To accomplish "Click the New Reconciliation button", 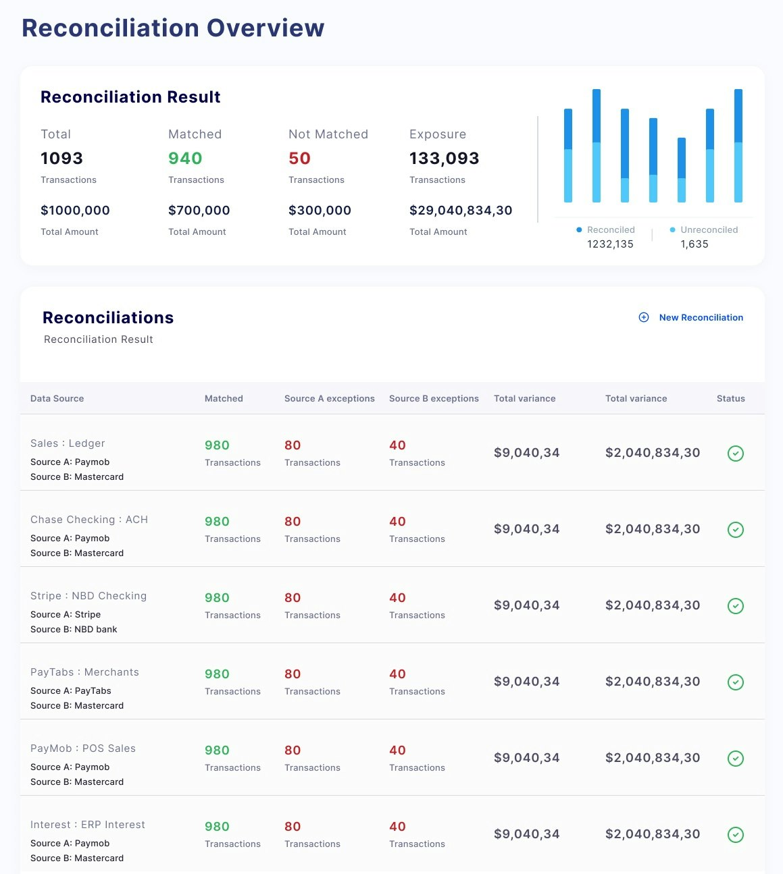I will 692,317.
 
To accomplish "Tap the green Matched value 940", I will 185,159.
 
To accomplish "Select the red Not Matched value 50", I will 299,159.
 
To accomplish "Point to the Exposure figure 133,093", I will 444,159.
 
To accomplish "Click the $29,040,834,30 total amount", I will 460,211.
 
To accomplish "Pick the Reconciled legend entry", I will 606,230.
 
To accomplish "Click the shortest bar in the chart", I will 682,170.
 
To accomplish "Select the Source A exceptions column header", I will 329,399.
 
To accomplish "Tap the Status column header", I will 730,399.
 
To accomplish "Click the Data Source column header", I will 57,399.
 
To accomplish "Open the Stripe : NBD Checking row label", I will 89,596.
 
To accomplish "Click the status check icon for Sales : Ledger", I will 736,454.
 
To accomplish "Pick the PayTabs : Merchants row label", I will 84,672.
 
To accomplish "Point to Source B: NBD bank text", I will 74,630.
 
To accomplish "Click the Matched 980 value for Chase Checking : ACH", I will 217,522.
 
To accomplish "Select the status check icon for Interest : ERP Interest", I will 736,835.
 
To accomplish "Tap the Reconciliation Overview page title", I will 173,28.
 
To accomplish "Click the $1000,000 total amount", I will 75,211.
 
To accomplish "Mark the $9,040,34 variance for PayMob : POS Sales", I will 526,758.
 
